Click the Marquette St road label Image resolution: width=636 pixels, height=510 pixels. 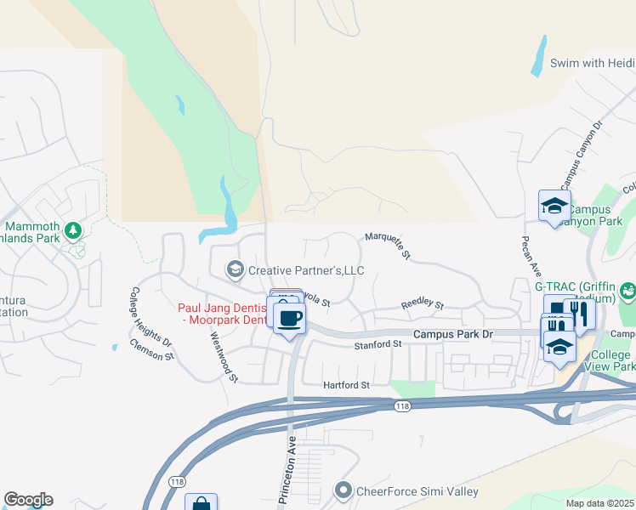pyautogui.click(x=389, y=244)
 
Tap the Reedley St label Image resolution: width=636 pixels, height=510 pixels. pyautogui.click(x=422, y=304)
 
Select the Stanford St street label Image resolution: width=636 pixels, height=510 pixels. pyautogui.click(x=378, y=344)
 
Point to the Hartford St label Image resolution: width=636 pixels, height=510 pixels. pyautogui.click(x=346, y=385)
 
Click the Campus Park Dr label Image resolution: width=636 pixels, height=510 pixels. pyautogui.click(x=453, y=335)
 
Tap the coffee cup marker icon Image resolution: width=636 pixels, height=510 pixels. pyautogui.click(x=290, y=319)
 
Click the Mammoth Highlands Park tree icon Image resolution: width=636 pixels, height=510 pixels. pyautogui.click(x=74, y=229)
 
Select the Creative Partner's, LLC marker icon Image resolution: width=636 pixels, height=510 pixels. pyautogui.click(x=235, y=270)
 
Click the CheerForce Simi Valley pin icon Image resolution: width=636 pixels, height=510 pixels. pyautogui.click(x=344, y=491)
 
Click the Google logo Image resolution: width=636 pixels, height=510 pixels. pyautogui.click(x=28, y=500)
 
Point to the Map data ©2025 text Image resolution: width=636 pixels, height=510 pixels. pyautogui.click(x=599, y=503)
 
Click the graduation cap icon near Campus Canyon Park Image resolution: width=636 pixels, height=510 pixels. pyautogui.click(x=554, y=205)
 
